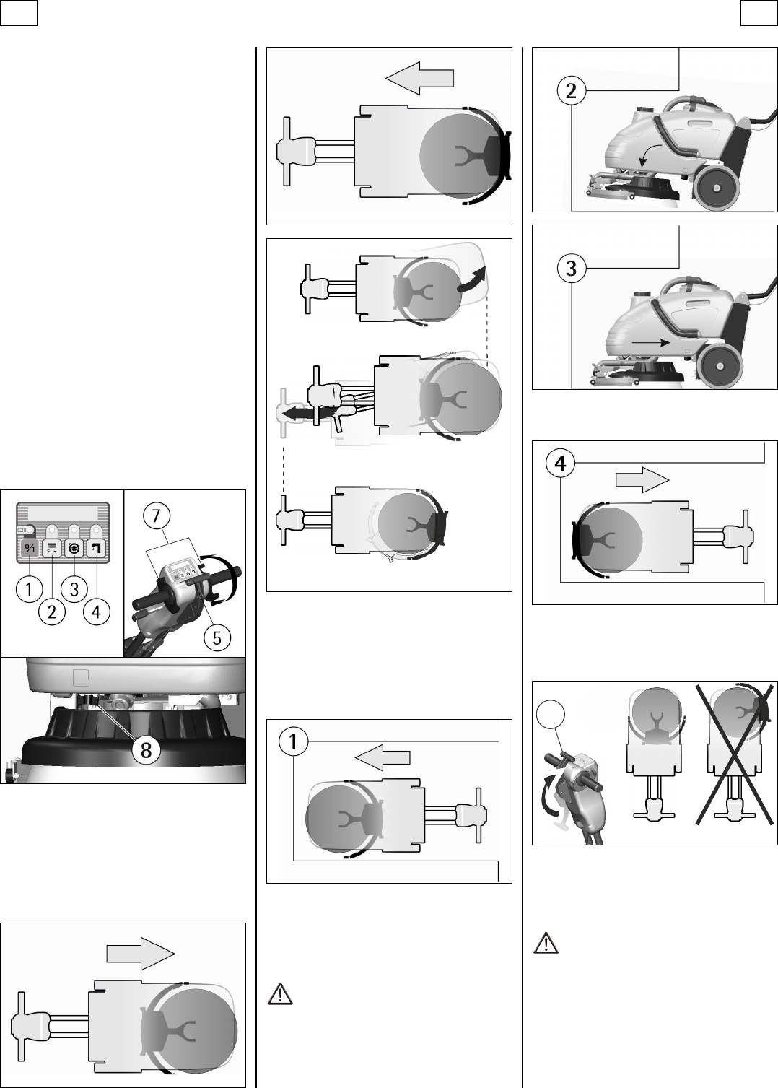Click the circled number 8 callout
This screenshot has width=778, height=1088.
(x=146, y=750)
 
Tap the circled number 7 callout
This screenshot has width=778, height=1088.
(x=156, y=515)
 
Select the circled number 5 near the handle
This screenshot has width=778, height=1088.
(x=217, y=637)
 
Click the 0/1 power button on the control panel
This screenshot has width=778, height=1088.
(x=30, y=549)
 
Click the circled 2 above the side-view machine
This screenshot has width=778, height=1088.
(x=571, y=91)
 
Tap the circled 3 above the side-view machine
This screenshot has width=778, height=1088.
(x=571, y=268)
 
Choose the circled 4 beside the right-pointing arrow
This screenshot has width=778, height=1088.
(x=561, y=463)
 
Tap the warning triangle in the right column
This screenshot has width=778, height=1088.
(x=546, y=944)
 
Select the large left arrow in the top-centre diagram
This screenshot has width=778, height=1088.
(x=419, y=78)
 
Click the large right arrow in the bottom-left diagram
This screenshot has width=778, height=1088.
(x=141, y=954)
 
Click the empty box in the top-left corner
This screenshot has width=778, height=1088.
(x=19, y=12)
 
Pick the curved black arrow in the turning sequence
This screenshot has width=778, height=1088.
(x=472, y=281)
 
